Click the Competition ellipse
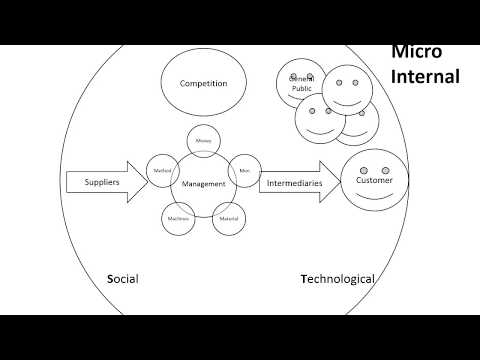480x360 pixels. [x=205, y=84]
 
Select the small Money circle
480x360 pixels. [x=203, y=143]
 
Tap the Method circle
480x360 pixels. [x=162, y=171]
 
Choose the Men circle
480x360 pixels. [x=244, y=171]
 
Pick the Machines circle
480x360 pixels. [x=177, y=218]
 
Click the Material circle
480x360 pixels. [x=229, y=218]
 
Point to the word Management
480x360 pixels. [x=203, y=184]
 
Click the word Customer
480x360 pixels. [x=374, y=181]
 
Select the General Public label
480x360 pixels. [x=301, y=85]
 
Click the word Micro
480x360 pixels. [x=416, y=52]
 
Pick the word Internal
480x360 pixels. [x=425, y=76]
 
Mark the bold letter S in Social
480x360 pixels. [x=109, y=279]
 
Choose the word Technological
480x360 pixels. [x=338, y=279]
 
